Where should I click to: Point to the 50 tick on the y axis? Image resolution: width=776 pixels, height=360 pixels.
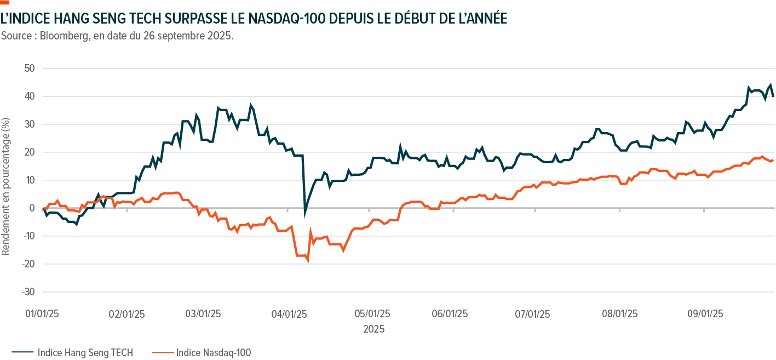[x=30, y=68]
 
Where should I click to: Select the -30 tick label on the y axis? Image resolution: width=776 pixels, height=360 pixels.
[x=28, y=292]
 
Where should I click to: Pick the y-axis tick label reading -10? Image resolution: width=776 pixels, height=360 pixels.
[x=28, y=236]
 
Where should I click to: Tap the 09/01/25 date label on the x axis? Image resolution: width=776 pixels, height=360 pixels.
[x=704, y=314]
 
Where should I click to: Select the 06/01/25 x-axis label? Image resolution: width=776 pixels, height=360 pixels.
[x=450, y=314]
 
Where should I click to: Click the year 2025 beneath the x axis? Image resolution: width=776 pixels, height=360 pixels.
[x=373, y=329]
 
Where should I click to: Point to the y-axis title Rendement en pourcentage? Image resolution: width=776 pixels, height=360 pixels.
[x=6, y=178]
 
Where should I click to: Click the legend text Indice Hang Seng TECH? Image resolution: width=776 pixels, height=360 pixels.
[x=85, y=353]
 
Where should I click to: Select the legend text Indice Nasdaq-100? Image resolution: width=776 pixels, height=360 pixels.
[x=213, y=353]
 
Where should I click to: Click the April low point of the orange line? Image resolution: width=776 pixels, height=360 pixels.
[x=308, y=262]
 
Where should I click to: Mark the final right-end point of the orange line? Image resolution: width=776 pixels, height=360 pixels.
[x=773, y=161]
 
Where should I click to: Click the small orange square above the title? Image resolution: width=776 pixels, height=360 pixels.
[x=5, y=2]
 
